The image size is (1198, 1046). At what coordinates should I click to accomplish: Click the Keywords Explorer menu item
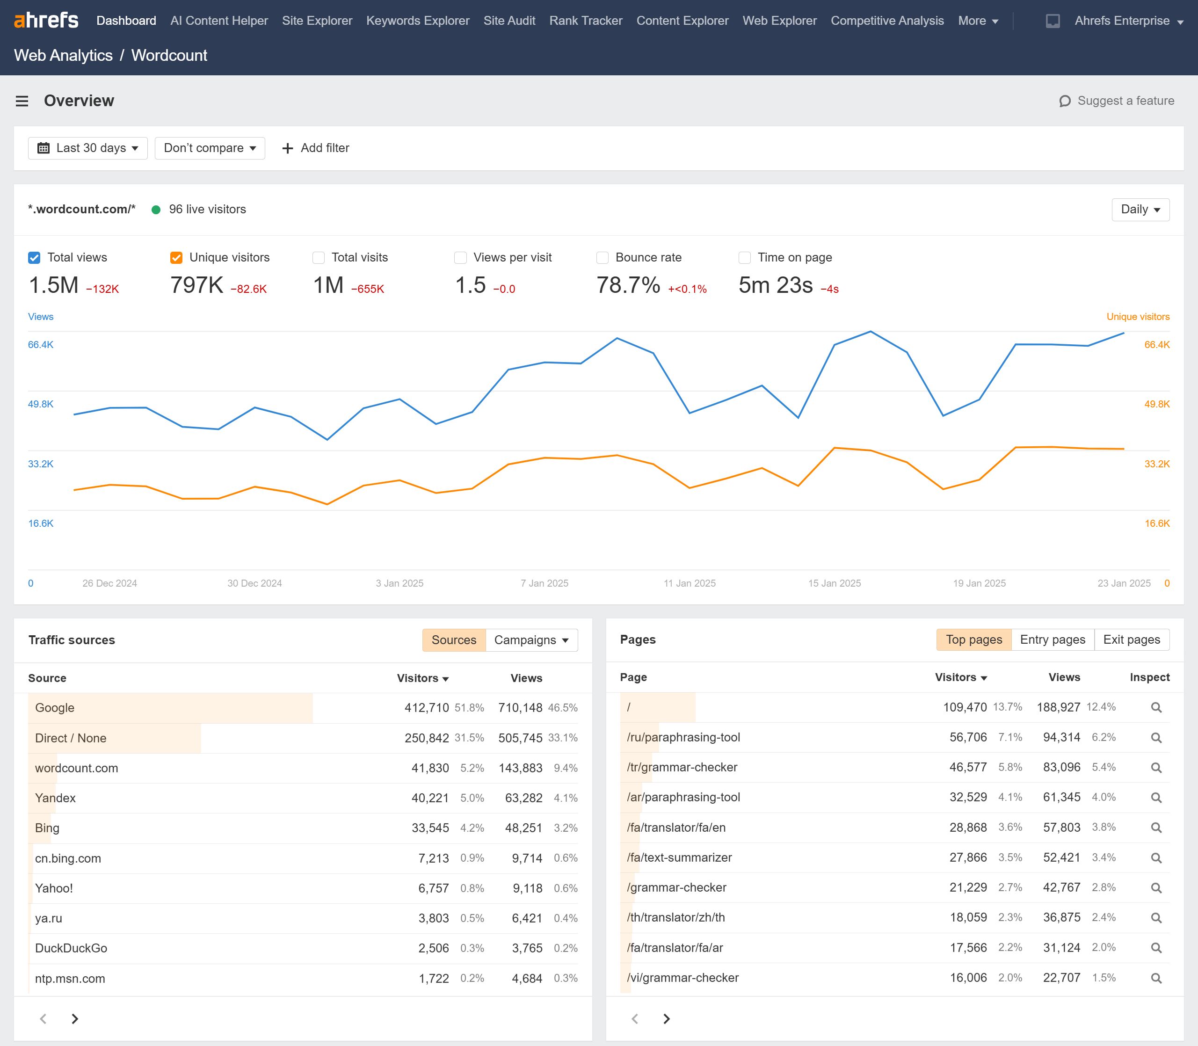pyautogui.click(x=417, y=21)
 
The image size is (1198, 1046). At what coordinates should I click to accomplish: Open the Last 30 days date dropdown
pyautogui.click(x=87, y=148)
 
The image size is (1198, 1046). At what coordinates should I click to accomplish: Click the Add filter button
pyautogui.click(x=316, y=148)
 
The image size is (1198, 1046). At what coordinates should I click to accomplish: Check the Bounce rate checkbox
pyautogui.click(x=602, y=257)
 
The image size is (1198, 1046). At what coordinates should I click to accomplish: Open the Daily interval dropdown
pyautogui.click(x=1140, y=210)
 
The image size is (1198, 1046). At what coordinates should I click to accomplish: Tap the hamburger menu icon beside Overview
pyautogui.click(x=22, y=101)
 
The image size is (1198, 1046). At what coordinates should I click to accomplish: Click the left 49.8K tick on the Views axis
pyautogui.click(x=40, y=404)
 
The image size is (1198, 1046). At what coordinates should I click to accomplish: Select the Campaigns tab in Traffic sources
pyautogui.click(x=530, y=640)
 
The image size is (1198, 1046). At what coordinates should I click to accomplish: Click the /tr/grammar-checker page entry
pyautogui.click(x=682, y=768)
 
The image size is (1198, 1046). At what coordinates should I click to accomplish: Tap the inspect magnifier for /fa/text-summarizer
pyautogui.click(x=1155, y=858)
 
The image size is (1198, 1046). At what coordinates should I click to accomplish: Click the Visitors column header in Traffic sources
pyautogui.click(x=422, y=678)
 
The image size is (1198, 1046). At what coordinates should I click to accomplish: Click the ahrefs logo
pyautogui.click(x=46, y=21)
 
